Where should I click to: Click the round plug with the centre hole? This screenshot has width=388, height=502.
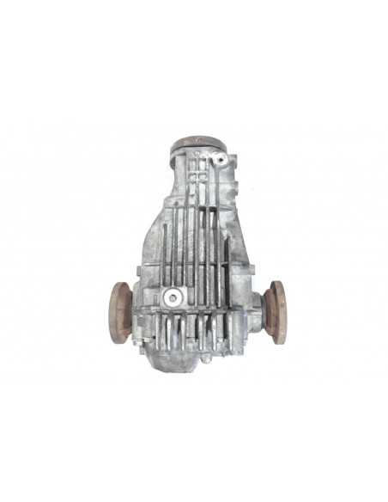click(174, 298)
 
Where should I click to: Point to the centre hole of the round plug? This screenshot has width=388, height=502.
click(174, 298)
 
